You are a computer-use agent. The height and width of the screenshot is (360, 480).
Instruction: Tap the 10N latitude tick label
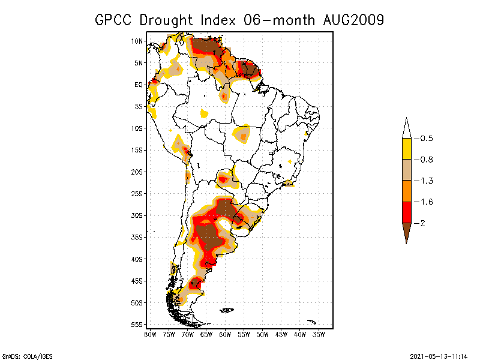tap(137, 41)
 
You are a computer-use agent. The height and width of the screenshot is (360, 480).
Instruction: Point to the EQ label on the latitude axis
tap(138, 85)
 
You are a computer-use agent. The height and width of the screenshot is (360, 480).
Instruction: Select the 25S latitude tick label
tap(137, 193)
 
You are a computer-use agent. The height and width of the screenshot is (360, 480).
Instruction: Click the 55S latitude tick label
tap(137, 324)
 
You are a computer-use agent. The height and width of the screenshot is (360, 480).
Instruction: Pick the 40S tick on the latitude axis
tap(137, 259)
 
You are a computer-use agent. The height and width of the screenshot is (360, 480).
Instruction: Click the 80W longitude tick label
tap(150, 334)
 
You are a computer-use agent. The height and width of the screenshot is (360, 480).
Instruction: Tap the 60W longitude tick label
tap(225, 334)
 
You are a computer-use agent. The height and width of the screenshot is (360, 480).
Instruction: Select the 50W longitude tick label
tap(262, 334)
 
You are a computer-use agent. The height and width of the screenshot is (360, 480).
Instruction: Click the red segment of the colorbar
tap(407, 212)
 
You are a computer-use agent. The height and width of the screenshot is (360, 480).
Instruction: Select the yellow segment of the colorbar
tap(407, 149)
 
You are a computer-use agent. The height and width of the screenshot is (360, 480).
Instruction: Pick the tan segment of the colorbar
tap(407, 170)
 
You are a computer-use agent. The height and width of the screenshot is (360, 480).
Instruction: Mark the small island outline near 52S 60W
tap(226, 310)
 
